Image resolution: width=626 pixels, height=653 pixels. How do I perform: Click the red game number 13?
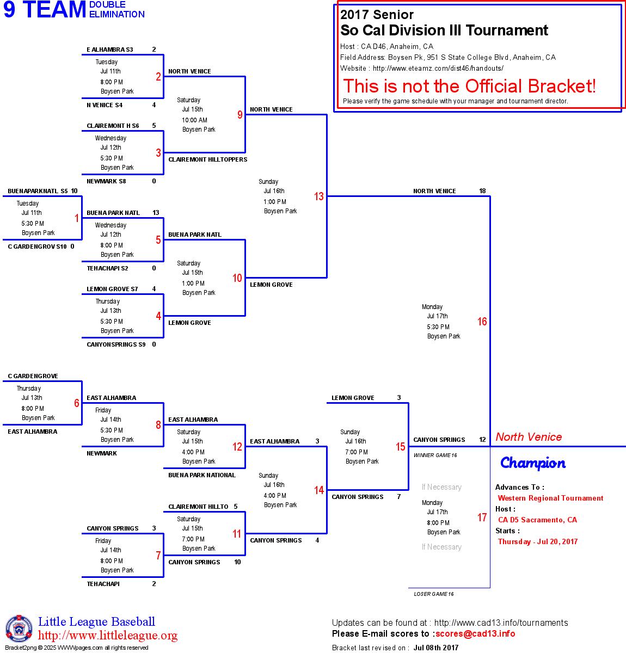pyautogui.click(x=319, y=196)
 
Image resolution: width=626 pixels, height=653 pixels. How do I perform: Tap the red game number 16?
pyautogui.click(x=482, y=322)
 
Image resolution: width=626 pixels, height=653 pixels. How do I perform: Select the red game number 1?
pyautogui.click(x=77, y=218)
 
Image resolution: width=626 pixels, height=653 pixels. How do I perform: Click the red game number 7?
pyautogui.click(x=158, y=556)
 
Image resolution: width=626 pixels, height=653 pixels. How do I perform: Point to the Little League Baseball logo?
pyautogui.click(x=19, y=629)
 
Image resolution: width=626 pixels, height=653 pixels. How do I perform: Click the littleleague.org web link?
pyautogui.click(x=108, y=636)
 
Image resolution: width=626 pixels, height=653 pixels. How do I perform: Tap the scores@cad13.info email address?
pyautogui.click(x=475, y=633)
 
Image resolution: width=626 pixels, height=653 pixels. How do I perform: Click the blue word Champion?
pyautogui.click(x=533, y=463)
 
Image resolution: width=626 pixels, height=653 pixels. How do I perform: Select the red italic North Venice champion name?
pyautogui.click(x=529, y=437)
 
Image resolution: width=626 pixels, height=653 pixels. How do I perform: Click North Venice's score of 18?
pyautogui.click(x=482, y=191)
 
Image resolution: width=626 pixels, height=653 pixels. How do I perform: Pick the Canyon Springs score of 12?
pyautogui.click(x=482, y=440)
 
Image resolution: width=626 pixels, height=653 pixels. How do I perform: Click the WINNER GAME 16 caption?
pyautogui.click(x=435, y=455)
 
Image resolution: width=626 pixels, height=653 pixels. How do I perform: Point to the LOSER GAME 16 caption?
pyautogui.click(x=434, y=594)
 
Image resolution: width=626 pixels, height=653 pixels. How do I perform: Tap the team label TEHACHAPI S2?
pyautogui.click(x=107, y=268)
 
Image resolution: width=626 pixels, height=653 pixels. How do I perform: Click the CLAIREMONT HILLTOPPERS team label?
pyautogui.click(x=208, y=159)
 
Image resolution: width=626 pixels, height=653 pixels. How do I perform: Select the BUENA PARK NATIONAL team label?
pyautogui.click(x=202, y=475)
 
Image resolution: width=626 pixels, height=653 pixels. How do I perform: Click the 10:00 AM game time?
pyautogui.click(x=194, y=120)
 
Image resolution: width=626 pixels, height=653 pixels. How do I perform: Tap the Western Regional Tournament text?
pyautogui.click(x=550, y=498)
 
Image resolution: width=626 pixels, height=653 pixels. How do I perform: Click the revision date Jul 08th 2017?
pyautogui.click(x=436, y=648)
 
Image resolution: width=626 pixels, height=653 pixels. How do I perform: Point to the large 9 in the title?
pyautogui.click(x=10, y=10)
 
